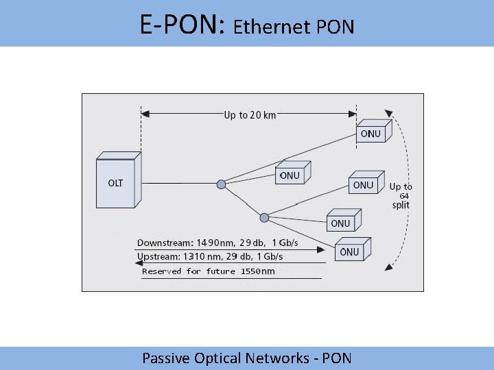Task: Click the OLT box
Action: point(117,181)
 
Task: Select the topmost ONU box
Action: point(372,133)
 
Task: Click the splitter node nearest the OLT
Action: point(221,184)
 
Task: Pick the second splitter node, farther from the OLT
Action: point(264,217)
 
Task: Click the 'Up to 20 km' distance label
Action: point(250,115)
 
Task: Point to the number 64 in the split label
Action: point(404,196)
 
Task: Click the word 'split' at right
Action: point(401,205)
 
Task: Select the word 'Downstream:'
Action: point(165,243)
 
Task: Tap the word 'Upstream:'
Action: point(158,256)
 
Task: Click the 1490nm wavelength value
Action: point(217,243)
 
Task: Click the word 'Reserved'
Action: point(162,271)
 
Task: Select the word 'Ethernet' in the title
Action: point(272,27)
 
